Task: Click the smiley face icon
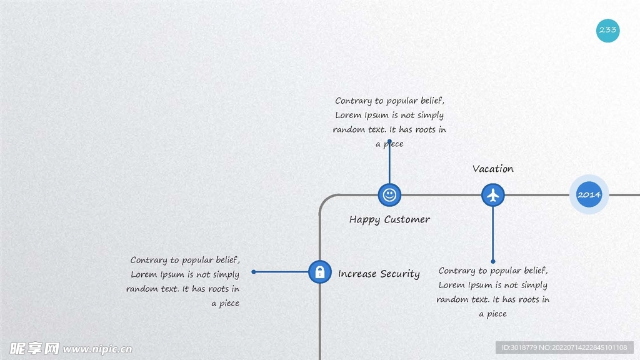pyautogui.click(x=389, y=195)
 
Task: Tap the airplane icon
pyautogui.click(x=493, y=195)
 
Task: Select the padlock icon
pyautogui.click(x=320, y=272)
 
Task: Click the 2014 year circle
pyautogui.click(x=589, y=195)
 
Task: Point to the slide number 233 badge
pyautogui.click(x=607, y=30)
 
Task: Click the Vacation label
pyautogui.click(x=493, y=169)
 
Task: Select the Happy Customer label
pyautogui.click(x=389, y=219)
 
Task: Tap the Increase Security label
pyautogui.click(x=379, y=274)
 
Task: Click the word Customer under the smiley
pyautogui.click(x=407, y=219)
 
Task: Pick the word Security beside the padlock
pyautogui.click(x=400, y=274)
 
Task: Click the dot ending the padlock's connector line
pyautogui.click(x=254, y=272)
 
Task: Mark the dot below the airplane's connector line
pyautogui.click(x=493, y=261)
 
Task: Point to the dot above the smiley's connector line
pyautogui.click(x=389, y=141)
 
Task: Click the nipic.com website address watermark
pyautogui.click(x=97, y=349)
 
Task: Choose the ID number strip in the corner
pyautogui.click(x=564, y=347)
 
